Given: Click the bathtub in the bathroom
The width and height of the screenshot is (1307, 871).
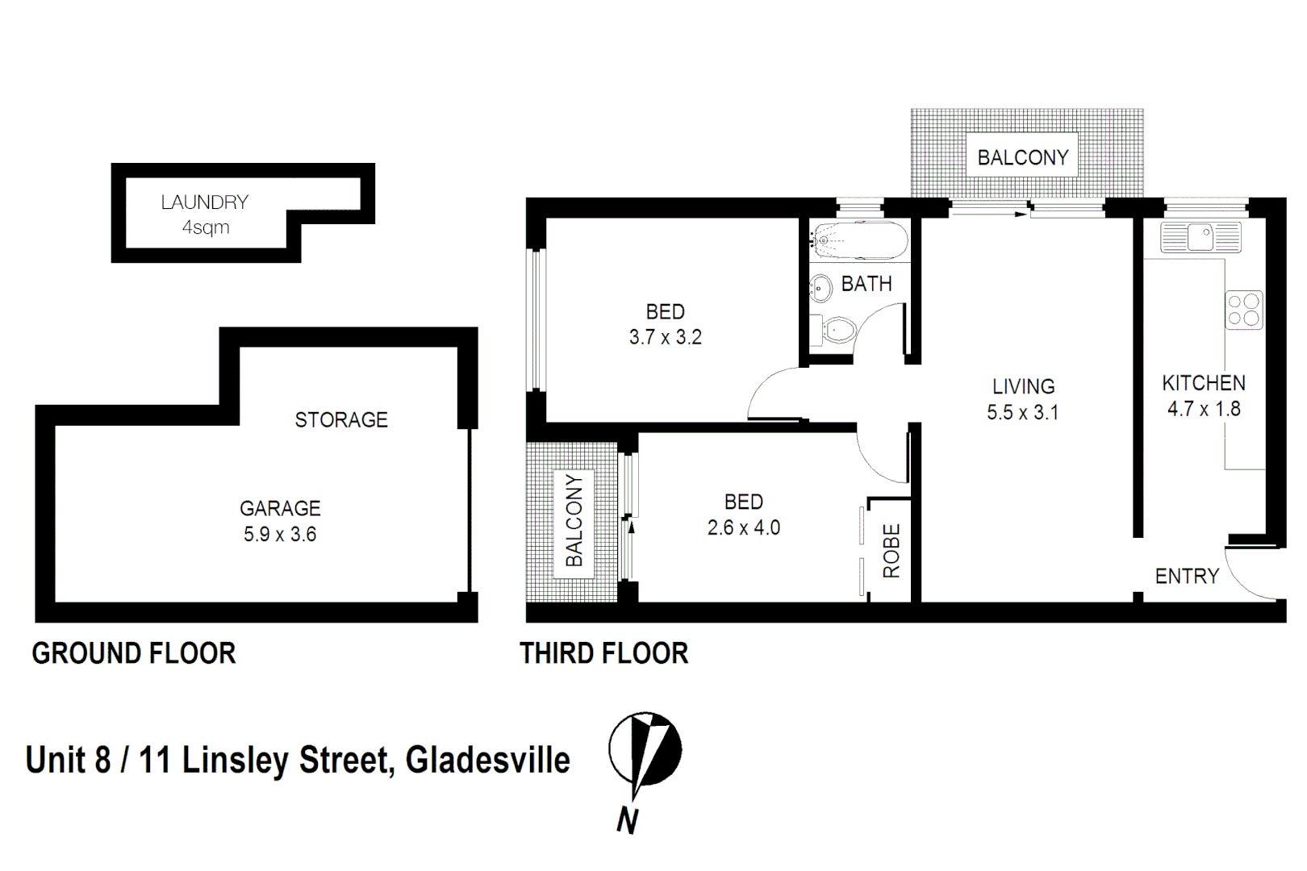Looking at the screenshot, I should [x=860, y=240].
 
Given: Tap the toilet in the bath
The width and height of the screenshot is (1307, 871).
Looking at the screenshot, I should [x=838, y=329].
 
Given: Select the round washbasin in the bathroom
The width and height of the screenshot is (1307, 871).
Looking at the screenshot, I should [x=821, y=287].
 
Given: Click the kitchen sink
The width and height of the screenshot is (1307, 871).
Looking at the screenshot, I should [x=1200, y=238].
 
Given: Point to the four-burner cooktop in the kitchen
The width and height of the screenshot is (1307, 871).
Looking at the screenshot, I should [x=1244, y=310].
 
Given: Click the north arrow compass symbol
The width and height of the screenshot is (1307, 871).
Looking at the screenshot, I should [x=645, y=750].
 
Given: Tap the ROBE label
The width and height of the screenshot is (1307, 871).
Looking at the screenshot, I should [x=892, y=551].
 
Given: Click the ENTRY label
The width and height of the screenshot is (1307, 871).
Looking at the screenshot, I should [x=1187, y=576].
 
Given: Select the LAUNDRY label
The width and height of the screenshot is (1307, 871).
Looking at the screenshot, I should [x=205, y=202].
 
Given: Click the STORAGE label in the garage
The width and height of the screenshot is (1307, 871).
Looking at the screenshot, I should [x=341, y=419].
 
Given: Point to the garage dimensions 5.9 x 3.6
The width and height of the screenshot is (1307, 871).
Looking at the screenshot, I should [x=280, y=534].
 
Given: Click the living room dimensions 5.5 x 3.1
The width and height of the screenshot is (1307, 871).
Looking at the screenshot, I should [x=1022, y=412].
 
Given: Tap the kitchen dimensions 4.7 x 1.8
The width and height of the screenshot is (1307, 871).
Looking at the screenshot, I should [x=1204, y=409].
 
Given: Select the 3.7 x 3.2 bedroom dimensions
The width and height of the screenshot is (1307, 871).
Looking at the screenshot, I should [x=666, y=337].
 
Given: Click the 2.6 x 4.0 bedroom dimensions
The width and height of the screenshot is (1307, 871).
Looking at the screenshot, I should [x=744, y=527].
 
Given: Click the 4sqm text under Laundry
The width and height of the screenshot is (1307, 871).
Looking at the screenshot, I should [x=206, y=227].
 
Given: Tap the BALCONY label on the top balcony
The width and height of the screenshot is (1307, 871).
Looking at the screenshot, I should [x=1023, y=157].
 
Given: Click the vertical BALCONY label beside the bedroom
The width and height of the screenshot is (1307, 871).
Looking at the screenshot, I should [x=574, y=520].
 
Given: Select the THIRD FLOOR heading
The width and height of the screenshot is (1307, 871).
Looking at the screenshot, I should [x=604, y=653].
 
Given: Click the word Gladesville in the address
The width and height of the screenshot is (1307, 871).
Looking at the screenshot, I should [x=487, y=761].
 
